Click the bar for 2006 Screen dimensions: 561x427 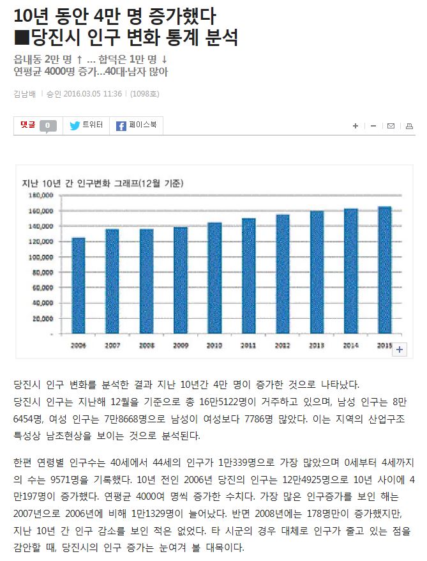[79, 285]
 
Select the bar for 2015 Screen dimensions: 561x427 [384, 270]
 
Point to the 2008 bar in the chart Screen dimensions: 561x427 [146, 281]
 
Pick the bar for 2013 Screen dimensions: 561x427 [317, 272]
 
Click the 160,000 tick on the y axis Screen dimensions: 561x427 [41, 211]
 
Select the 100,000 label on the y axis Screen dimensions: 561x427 [41, 257]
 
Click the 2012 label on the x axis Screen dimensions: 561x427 [282, 345]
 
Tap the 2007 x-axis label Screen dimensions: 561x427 [112, 345]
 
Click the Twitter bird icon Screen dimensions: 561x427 [75, 126]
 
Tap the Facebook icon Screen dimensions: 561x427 [121, 126]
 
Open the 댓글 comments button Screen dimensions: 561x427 [28, 126]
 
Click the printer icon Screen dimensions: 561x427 [410, 126]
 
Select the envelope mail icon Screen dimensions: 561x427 [391, 126]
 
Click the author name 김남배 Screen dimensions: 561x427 [25, 94]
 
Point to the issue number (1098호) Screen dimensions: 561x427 [144, 94]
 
